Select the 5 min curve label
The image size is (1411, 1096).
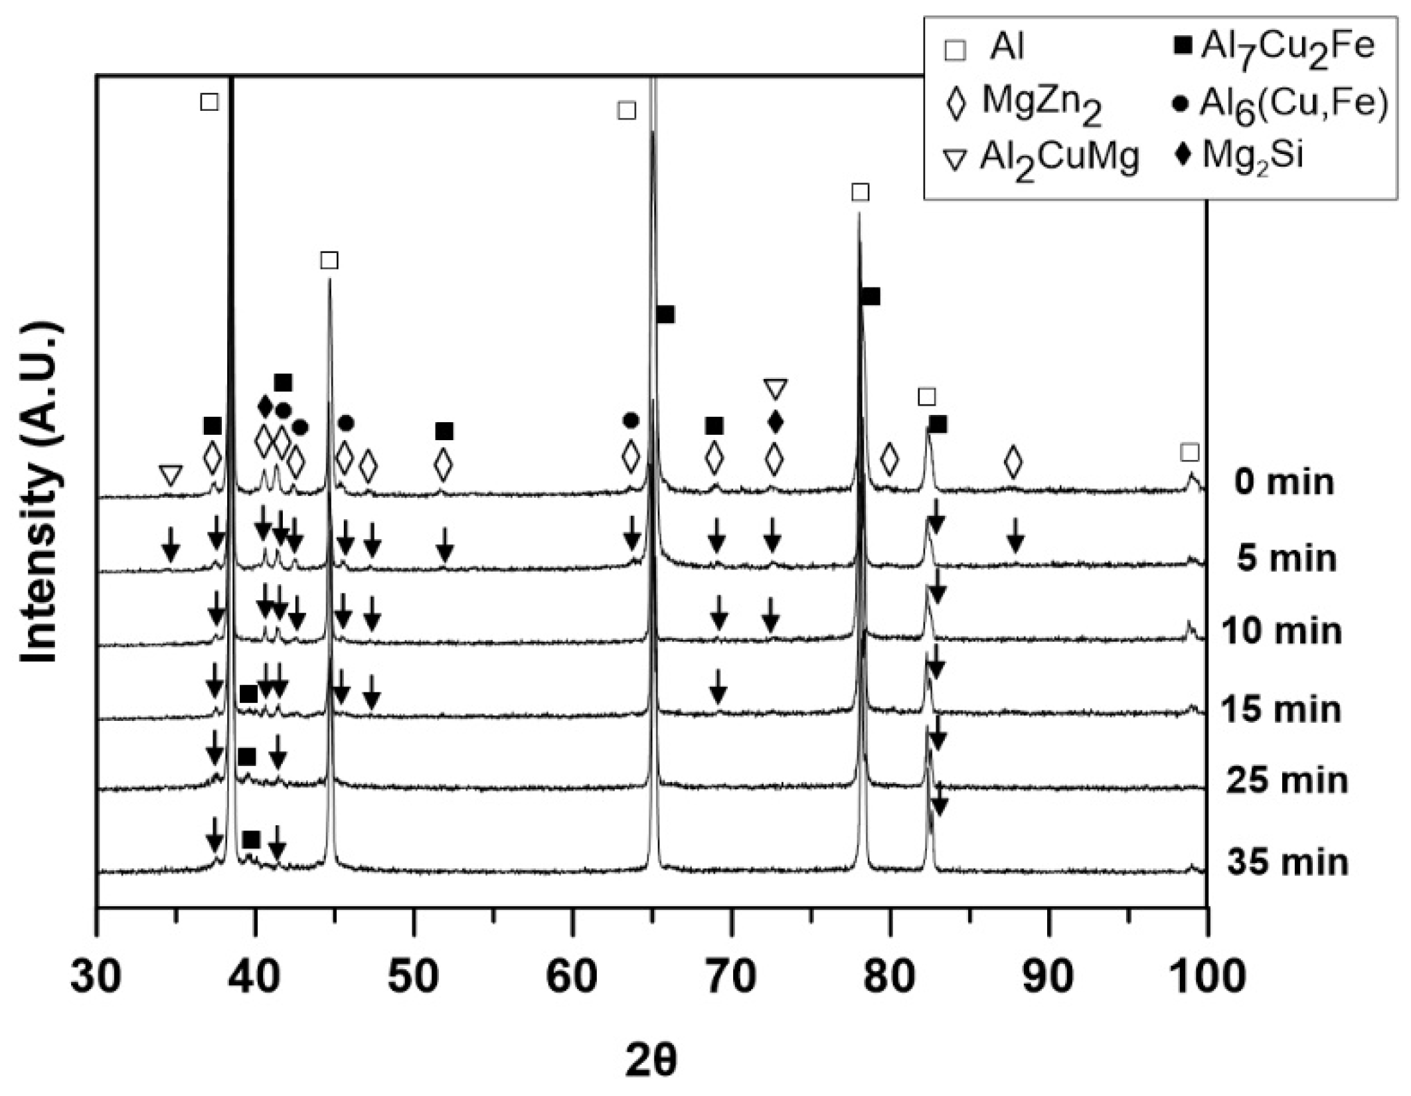click(1286, 558)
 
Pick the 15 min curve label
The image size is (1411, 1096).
click(1281, 709)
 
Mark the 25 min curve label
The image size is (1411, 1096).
click(1287, 780)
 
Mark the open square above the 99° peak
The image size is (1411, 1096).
click(1190, 453)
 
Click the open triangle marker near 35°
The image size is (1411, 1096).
click(171, 475)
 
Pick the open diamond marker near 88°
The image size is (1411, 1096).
click(1013, 462)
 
